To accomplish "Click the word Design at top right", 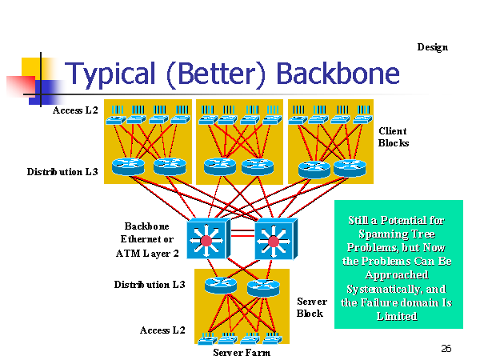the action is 432,47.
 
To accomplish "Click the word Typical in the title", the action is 110,74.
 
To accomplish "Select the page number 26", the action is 446,348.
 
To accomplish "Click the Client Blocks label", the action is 394,137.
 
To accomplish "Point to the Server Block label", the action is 312,307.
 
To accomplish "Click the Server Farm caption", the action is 242,353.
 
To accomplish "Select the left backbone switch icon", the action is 209,238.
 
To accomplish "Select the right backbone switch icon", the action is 276,238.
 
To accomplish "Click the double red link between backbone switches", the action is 242,233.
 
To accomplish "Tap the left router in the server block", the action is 221,286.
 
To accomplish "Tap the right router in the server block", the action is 263,288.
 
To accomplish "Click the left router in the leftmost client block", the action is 128,166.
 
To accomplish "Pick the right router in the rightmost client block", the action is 350,168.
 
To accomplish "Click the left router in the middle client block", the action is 220,166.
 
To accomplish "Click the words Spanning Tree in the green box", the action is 397,234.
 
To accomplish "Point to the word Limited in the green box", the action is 397,316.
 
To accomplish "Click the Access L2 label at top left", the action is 75,110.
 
